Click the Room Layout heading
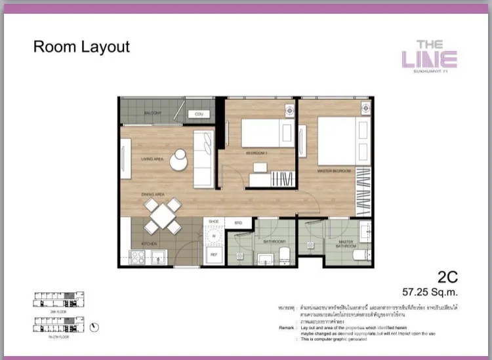coord(81,47)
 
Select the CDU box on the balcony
coord(199,114)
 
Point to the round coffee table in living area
coord(178,159)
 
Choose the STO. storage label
coord(238,223)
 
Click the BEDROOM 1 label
coord(255,152)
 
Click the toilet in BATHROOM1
coord(284,256)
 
